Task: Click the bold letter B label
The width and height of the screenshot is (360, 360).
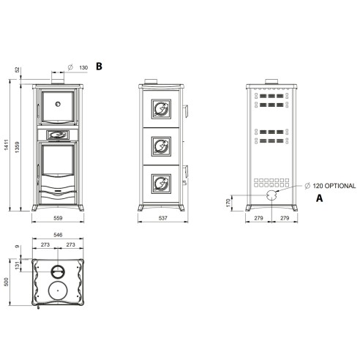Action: [x=99, y=67]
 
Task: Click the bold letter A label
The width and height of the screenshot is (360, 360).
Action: [x=319, y=198]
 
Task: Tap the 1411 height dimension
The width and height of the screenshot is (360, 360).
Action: [x=7, y=145]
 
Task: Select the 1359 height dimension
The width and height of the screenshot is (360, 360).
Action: [x=17, y=147]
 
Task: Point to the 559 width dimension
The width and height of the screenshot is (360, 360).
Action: [x=58, y=218]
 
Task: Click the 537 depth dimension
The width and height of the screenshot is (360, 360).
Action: [x=162, y=218]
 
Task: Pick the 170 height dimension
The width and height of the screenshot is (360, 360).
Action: [x=228, y=203]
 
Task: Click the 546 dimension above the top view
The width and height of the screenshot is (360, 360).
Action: [x=58, y=235]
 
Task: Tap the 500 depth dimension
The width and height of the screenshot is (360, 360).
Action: [x=7, y=282]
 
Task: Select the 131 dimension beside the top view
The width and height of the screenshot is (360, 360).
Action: [x=17, y=266]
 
